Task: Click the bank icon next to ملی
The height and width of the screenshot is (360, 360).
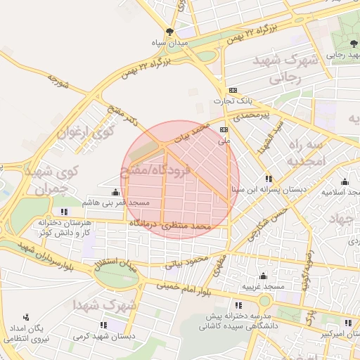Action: coord(224,130)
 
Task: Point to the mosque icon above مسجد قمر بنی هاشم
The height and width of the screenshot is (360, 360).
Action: coord(115,192)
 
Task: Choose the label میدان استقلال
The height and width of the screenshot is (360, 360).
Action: coord(116,268)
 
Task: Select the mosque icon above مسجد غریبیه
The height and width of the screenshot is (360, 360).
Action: coord(263,276)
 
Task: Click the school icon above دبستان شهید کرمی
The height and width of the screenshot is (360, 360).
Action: coord(104,325)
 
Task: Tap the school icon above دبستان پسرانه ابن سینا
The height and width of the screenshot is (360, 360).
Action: coord(269,179)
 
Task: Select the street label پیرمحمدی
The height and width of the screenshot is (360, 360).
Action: coord(252,113)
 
